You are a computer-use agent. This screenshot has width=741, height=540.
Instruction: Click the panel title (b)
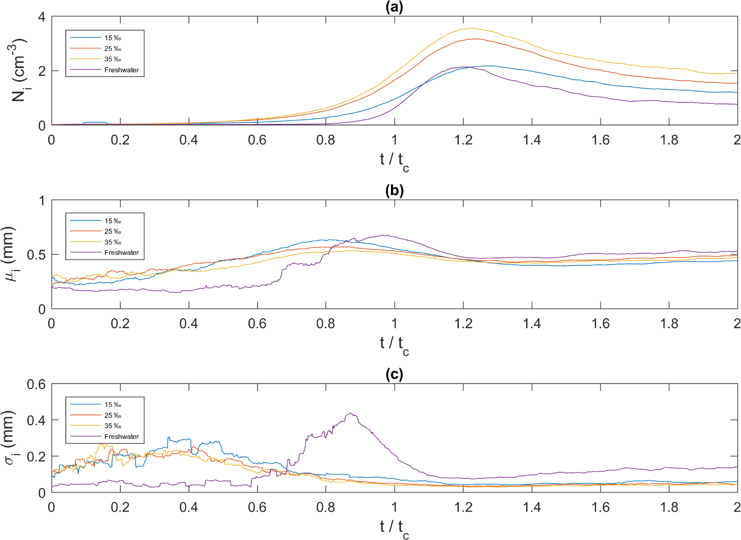point(394,190)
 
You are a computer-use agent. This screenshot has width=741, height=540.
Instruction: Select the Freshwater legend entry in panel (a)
point(121,70)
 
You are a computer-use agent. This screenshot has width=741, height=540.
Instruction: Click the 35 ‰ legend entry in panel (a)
point(113,59)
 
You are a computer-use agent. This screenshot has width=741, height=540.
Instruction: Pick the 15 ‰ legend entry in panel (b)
point(113,221)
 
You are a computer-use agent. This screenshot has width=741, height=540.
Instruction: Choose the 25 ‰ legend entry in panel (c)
point(113,415)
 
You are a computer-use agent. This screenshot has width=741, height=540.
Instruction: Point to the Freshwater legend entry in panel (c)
point(121,436)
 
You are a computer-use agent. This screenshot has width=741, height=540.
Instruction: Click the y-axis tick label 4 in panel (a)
point(41,17)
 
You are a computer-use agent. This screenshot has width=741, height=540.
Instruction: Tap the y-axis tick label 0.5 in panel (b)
point(36,255)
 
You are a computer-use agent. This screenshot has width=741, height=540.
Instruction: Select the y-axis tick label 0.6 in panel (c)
point(36,385)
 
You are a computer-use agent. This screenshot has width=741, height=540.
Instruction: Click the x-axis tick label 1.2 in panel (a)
point(463,140)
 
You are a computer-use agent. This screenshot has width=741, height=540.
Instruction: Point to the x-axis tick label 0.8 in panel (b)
point(325,323)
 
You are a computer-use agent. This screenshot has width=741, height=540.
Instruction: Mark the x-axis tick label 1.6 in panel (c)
point(601,507)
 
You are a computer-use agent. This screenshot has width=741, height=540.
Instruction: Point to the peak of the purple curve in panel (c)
point(350,414)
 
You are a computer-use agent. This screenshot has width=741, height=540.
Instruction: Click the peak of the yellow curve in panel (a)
point(471,28)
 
